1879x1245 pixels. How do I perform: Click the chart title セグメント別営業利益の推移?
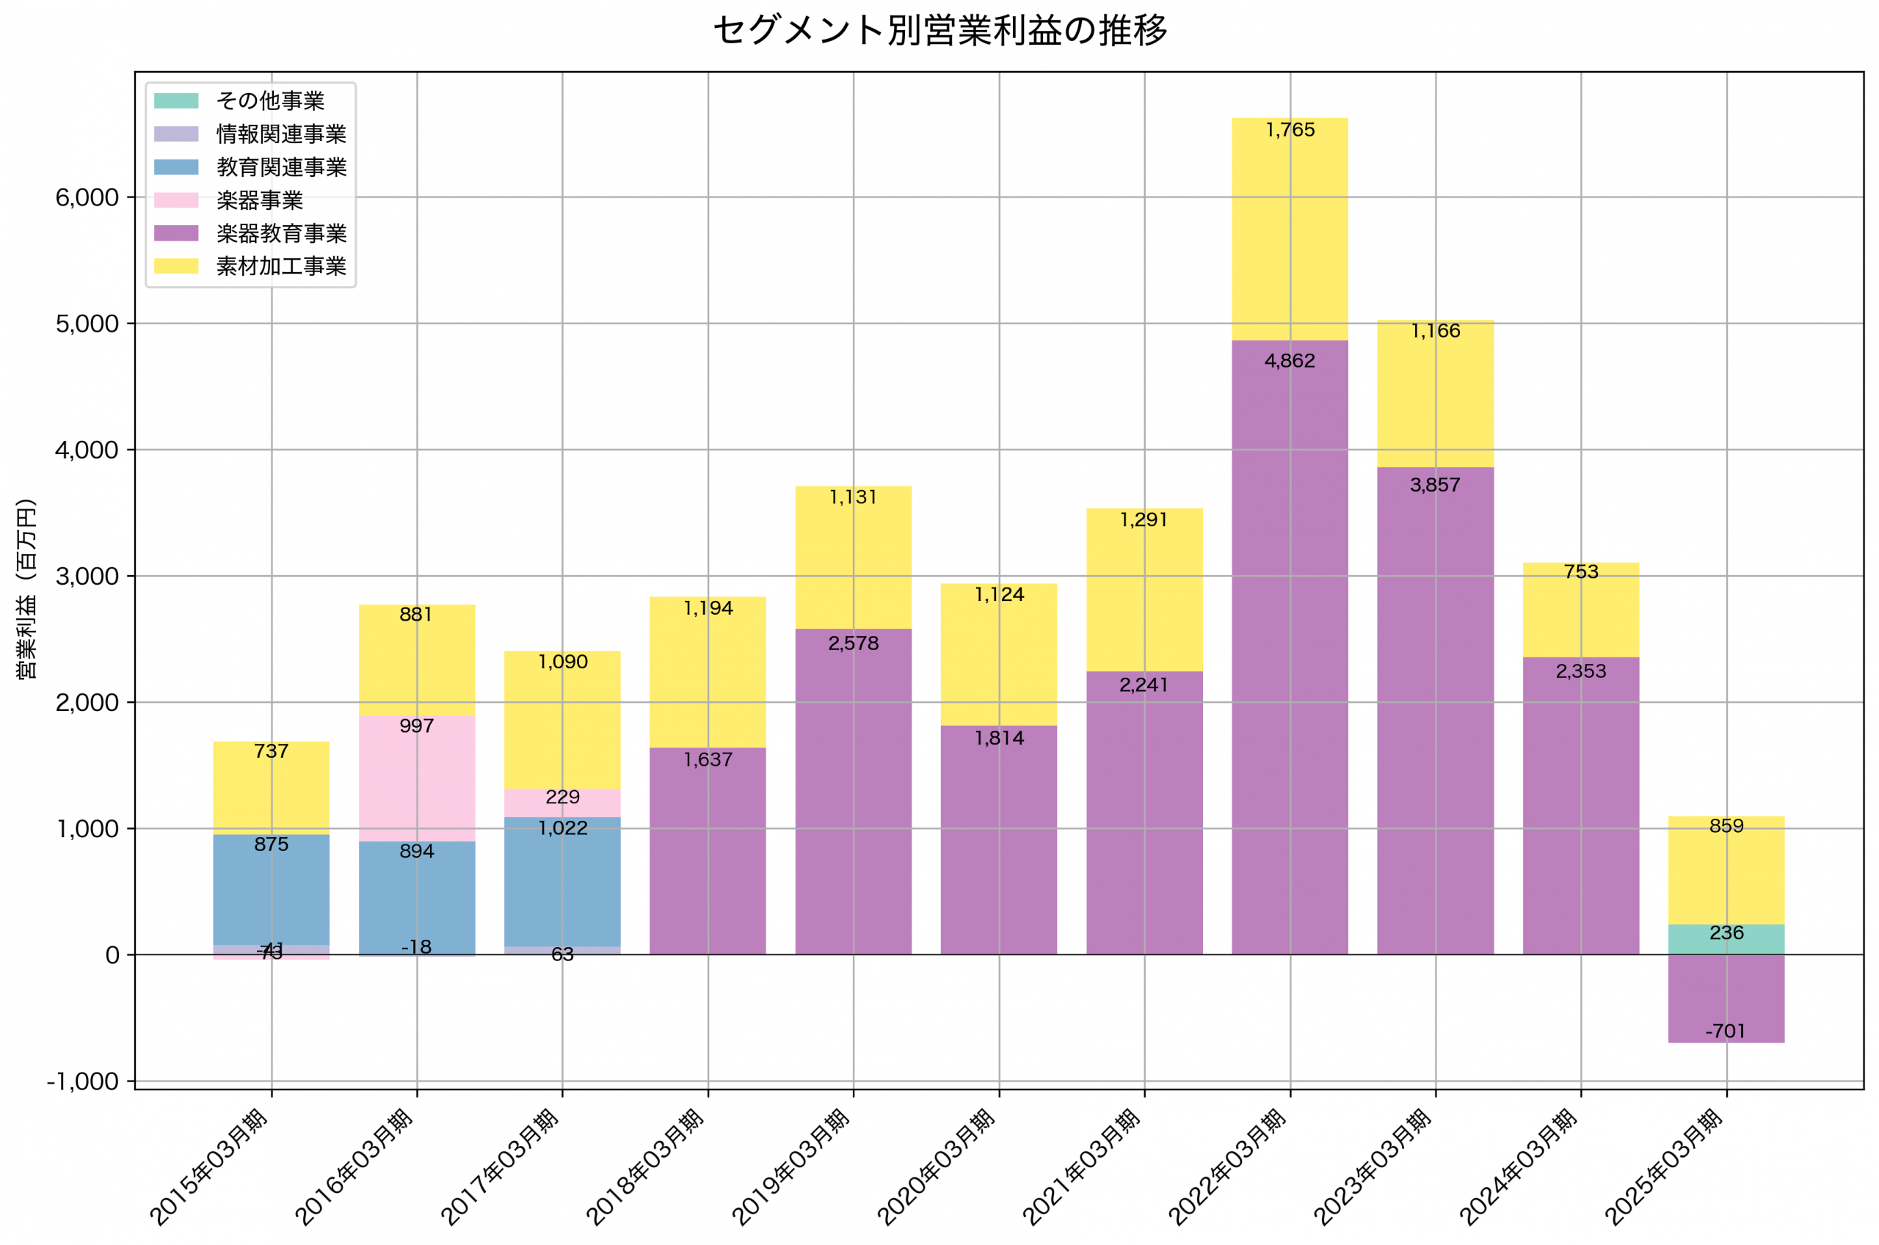click(x=939, y=30)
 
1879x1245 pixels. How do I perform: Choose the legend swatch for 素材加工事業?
click(x=176, y=266)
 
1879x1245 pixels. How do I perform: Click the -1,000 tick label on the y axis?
click(x=83, y=1082)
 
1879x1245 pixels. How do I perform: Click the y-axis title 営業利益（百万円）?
click(x=26, y=588)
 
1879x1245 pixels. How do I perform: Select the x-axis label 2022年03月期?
click(x=1228, y=1166)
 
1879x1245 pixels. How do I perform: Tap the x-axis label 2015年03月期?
click(x=210, y=1166)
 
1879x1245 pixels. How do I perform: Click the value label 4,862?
click(x=1290, y=361)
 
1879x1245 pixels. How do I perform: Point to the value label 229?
click(x=562, y=797)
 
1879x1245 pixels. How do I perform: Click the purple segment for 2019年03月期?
click(x=853, y=794)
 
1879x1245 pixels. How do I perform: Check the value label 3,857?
click(x=1434, y=485)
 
